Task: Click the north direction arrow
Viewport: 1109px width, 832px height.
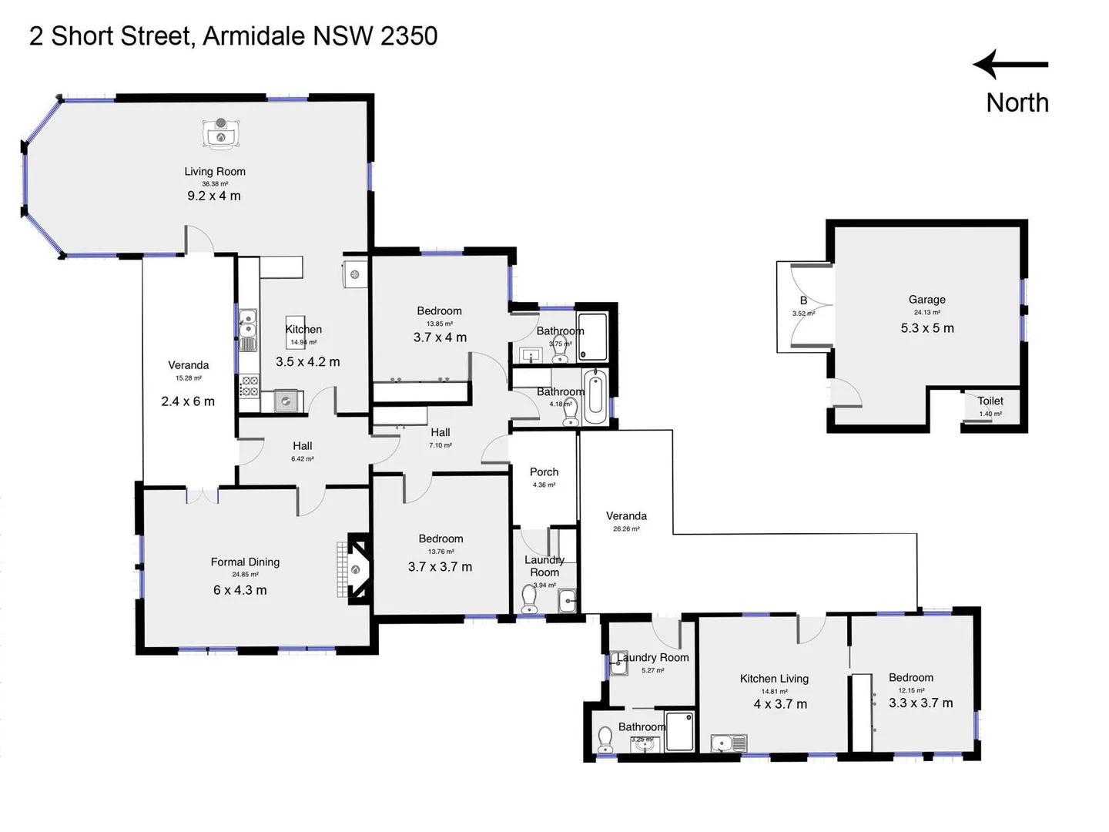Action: pos(1010,65)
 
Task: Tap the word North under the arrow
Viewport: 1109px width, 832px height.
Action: pos(1017,102)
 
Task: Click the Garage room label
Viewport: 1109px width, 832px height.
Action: pos(926,300)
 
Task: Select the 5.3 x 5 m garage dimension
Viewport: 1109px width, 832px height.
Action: pos(926,328)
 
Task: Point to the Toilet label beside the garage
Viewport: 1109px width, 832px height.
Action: pos(990,401)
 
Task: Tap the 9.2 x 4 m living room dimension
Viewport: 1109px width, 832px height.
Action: pos(214,196)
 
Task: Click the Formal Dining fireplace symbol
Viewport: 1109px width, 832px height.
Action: pos(356,569)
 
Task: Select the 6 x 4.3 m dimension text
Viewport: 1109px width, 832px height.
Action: pos(240,590)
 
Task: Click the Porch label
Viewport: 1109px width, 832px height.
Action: pos(544,471)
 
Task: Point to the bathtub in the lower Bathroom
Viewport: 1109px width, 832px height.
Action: pos(595,397)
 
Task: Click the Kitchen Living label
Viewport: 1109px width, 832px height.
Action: pos(774,679)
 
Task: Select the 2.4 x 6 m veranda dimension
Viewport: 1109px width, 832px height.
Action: pos(188,401)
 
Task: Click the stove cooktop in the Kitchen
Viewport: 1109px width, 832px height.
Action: pos(249,386)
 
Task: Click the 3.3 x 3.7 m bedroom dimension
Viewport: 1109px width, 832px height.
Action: pos(920,703)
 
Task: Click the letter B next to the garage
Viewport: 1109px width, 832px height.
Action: pos(803,300)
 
